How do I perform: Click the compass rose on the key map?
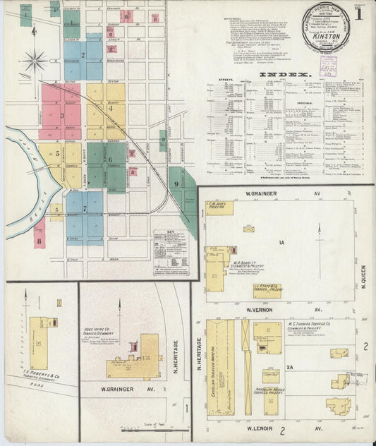click(33, 61)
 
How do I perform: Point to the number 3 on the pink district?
click(61, 115)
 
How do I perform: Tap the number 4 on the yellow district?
click(110, 108)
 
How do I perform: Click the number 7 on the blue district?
click(85, 208)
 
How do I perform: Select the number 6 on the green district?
click(111, 160)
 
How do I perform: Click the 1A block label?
click(280, 242)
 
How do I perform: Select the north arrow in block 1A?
click(320, 240)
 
